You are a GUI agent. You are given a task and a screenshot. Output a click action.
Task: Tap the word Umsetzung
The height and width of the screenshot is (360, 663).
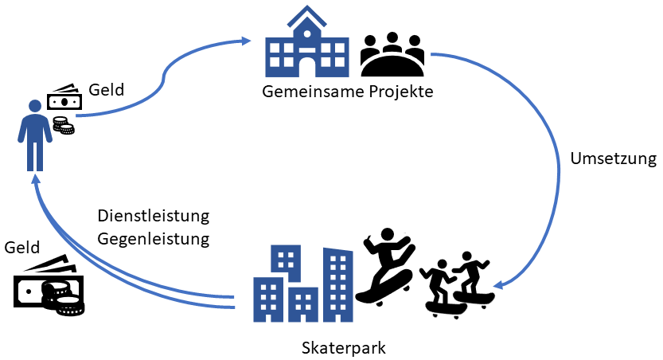point(613,158)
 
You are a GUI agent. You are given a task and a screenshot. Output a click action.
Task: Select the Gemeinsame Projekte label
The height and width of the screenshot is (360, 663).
point(348,92)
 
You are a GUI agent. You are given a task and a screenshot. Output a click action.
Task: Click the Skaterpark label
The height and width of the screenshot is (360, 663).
point(344,348)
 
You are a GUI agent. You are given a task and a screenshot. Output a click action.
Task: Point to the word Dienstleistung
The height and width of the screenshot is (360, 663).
point(153,217)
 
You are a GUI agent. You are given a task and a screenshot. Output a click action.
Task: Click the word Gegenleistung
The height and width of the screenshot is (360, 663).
point(153,238)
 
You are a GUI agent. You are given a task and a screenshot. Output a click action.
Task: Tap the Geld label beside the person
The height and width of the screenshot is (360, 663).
point(107,90)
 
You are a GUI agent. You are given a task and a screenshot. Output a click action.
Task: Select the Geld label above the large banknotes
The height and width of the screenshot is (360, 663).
point(21,248)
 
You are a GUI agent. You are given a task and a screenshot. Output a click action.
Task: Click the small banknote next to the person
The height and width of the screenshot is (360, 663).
point(64,100)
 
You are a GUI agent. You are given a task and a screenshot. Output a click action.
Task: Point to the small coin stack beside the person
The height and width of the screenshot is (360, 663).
point(63,125)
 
